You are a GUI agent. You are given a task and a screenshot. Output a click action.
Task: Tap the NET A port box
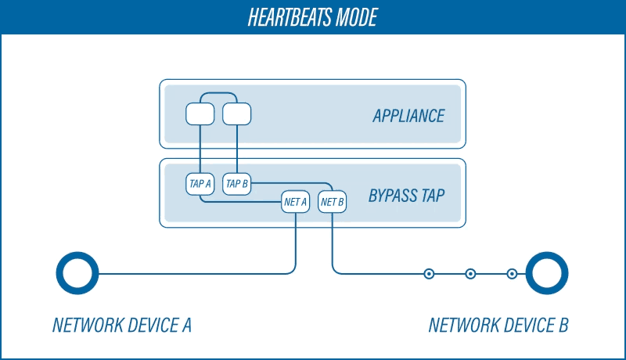(295, 202)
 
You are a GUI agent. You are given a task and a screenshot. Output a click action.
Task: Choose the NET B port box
(333, 202)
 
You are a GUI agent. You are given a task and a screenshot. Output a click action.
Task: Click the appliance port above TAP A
(200, 115)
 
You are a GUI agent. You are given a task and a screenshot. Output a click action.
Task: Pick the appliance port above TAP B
(237, 115)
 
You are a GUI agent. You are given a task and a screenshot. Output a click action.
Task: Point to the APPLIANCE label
(408, 117)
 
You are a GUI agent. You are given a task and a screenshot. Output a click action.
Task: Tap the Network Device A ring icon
(77, 274)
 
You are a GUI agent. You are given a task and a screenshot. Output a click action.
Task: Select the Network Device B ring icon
(547, 274)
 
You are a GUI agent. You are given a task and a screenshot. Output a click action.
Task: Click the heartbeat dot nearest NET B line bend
(429, 274)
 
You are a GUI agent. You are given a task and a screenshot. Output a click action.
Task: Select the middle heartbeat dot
(470, 274)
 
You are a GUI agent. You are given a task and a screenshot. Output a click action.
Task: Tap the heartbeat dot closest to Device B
(512, 274)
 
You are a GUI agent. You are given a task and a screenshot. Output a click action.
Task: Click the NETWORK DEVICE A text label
(122, 325)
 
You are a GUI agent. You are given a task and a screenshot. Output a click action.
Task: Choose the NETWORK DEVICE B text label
(498, 325)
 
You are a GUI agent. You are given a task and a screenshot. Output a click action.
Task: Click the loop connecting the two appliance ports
(218, 95)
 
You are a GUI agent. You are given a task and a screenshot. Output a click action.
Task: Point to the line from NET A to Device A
(196, 274)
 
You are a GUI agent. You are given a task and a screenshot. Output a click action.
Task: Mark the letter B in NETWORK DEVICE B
(563, 325)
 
